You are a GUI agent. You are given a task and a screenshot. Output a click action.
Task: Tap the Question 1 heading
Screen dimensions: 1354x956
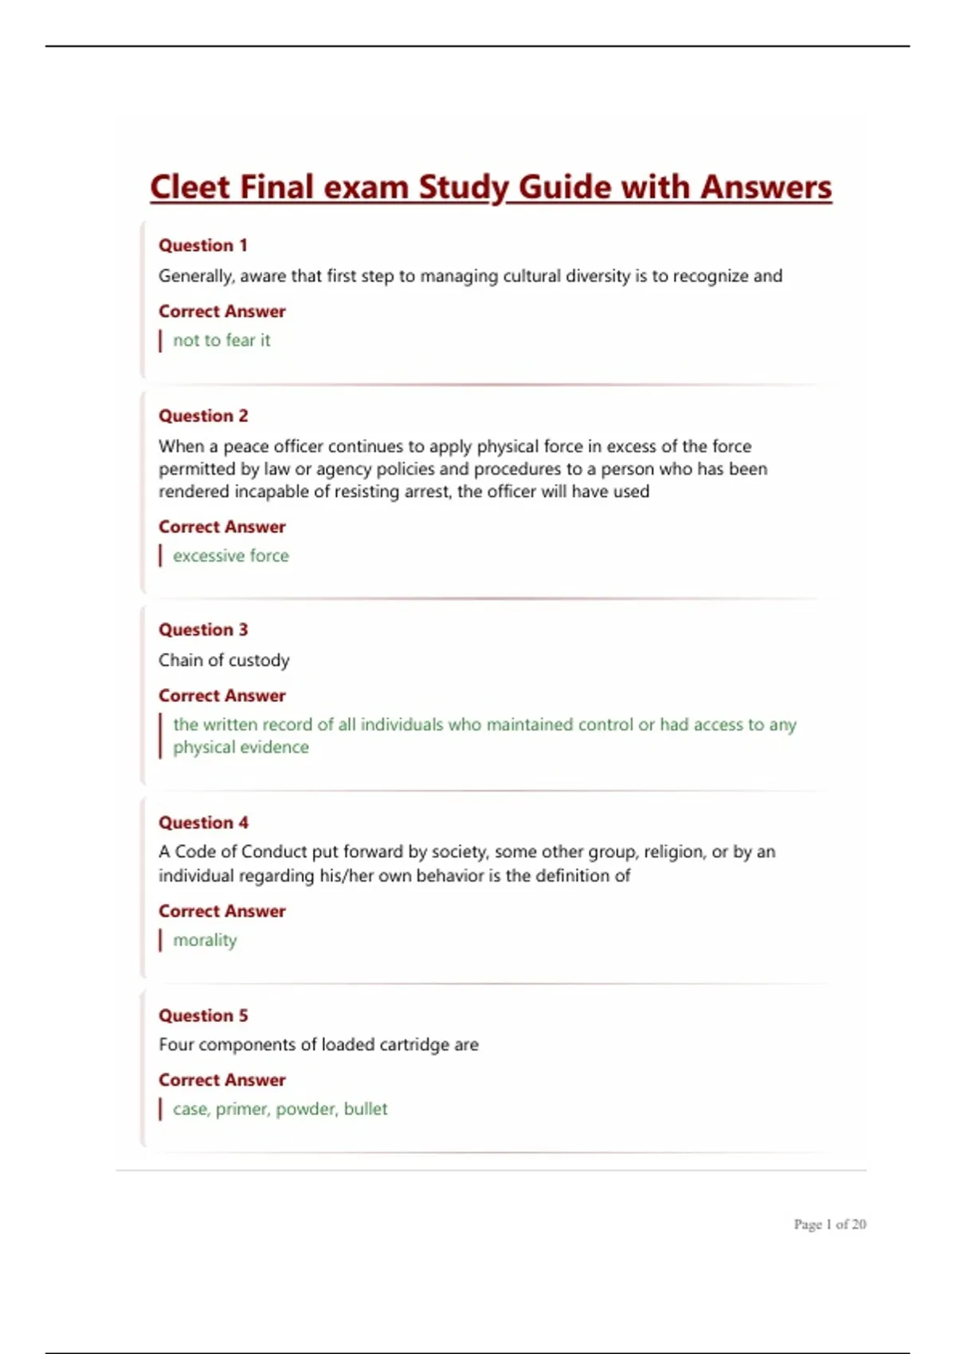(203, 245)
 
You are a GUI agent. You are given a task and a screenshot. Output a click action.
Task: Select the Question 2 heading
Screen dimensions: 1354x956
(203, 416)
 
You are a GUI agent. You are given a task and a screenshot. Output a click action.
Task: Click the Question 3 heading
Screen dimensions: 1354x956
(203, 630)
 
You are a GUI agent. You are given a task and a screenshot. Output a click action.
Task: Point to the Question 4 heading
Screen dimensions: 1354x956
(203, 823)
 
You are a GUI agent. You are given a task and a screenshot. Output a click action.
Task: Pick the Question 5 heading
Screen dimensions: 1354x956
(203, 1015)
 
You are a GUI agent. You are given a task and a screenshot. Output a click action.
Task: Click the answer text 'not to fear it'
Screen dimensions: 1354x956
(221, 340)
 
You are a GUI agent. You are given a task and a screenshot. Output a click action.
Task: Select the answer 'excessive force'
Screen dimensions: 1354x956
(231, 556)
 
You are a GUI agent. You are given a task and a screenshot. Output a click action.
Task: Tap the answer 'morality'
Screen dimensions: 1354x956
(205, 941)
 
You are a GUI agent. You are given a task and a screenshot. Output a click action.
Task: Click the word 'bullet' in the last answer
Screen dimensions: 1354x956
(366, 1109)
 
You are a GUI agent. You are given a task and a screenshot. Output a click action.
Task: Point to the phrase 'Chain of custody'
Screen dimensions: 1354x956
(224, 660)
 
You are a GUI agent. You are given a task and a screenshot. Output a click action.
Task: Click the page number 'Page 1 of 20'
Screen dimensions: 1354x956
(829, 1224)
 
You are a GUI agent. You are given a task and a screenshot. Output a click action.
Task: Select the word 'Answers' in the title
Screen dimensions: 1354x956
(766, 188)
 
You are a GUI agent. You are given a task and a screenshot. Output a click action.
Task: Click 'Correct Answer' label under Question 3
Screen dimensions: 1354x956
(221, 695)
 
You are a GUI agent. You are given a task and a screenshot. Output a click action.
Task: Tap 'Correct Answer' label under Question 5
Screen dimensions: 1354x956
(221, 1080)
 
